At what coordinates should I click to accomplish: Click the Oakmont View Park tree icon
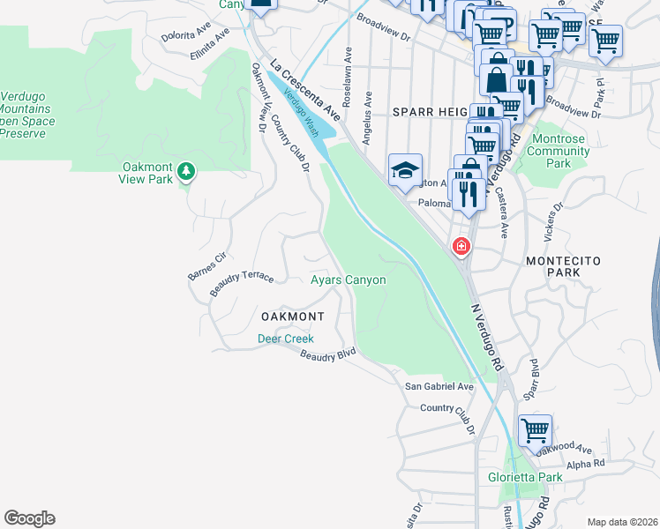coord(185,170)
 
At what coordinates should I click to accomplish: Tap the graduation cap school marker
coord(405,171)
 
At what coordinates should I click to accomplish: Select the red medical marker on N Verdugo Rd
coord(461,247)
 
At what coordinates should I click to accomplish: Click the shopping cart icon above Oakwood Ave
coord(535,431)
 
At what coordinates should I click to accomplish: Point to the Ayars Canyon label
coord(349,280)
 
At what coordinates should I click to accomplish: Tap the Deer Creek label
coord(285,339)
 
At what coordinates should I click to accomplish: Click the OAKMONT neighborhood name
coord(292,317)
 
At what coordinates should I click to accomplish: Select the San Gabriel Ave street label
coord(439,387)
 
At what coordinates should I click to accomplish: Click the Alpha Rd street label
coord(586,463)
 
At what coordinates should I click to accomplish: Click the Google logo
coord(29,518)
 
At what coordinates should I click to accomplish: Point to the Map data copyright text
coord(622,522)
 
